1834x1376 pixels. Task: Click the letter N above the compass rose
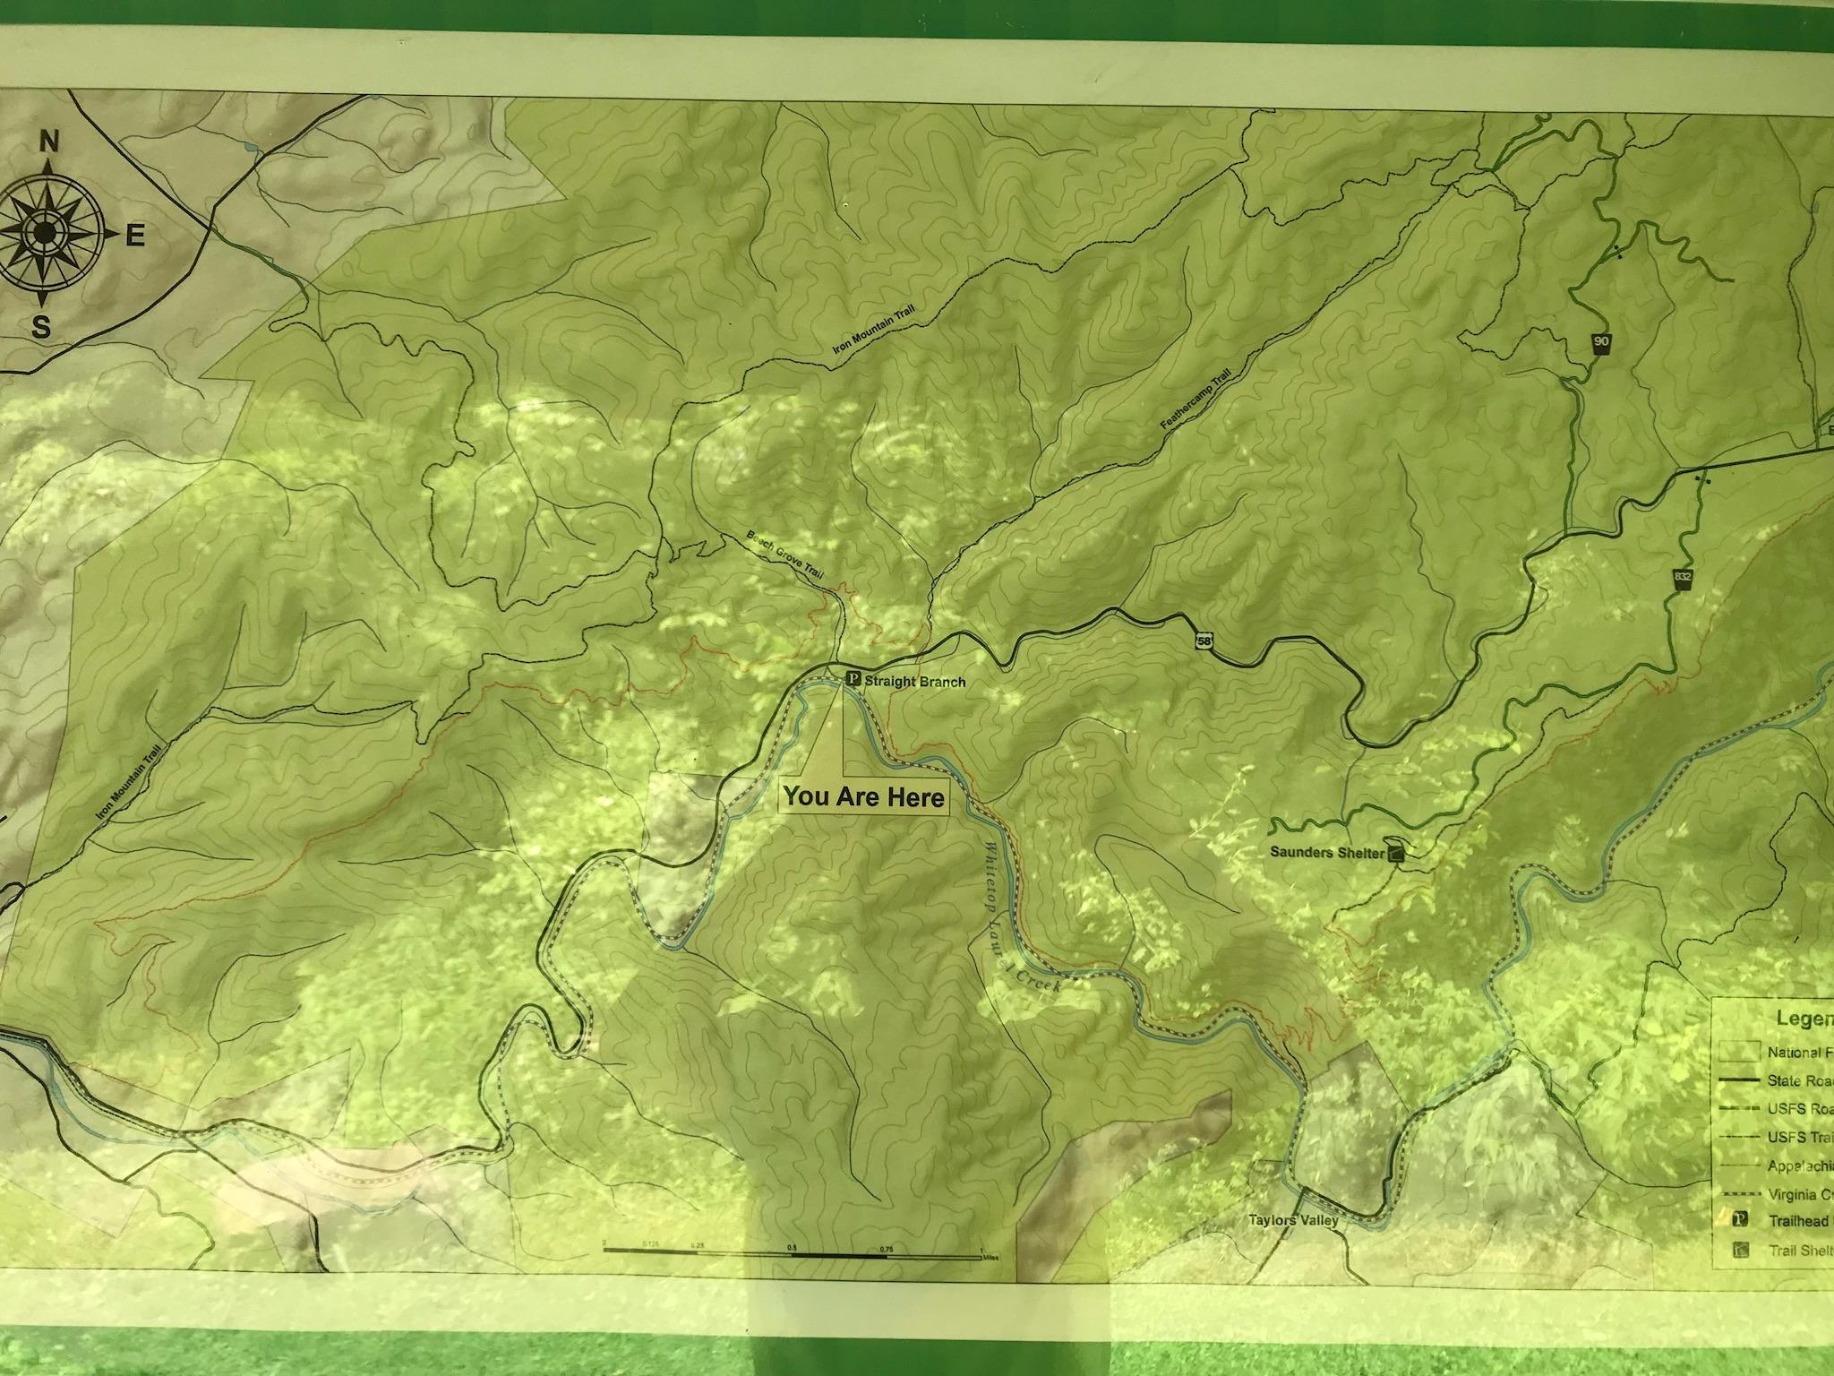tap(50, 142)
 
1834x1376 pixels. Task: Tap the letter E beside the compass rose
tap(134, 236)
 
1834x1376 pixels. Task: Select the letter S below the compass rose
tap(40, 328)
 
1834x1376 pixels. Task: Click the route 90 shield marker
tap(1600, 343)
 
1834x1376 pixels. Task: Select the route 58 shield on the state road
tap(1204, 640)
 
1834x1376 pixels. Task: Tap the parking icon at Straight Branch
tap(852, 680)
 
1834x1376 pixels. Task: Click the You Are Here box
tap(864, 796)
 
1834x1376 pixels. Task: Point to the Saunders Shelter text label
tap(1326, 853)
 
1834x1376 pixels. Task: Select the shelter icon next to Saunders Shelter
tap(1396, 854)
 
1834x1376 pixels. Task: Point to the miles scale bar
tap(792, 1257)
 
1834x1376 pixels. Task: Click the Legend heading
tap(1804, 1019)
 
